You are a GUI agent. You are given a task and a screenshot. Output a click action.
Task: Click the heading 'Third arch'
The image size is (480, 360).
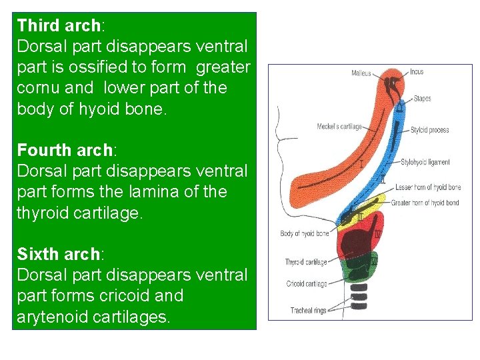pyautogui.click(x=58, y=26)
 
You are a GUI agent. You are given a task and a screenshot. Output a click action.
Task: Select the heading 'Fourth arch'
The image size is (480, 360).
pyautogui.click(x=61, y=149)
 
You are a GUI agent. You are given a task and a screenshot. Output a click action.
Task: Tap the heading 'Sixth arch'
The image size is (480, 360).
pyautogui.click(x=57, y=254)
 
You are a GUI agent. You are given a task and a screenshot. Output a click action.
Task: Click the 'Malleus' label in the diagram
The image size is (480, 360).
pyautogui.click(x=361, y=73)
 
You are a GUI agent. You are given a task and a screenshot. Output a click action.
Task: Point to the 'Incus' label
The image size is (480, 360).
pyautogui.click(x=417, y=71)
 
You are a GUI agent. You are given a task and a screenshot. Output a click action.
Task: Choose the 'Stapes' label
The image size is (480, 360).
pyautogui.click(x=422, y=99)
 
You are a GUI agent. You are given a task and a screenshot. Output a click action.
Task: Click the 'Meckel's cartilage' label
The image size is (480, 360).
pyautogui.click(x=339, y=127)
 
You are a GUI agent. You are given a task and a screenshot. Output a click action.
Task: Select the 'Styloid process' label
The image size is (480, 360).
pyautogui.click(x=429, y=130)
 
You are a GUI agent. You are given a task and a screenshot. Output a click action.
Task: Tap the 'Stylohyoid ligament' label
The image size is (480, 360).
pyautogui.click(x=425, y=162)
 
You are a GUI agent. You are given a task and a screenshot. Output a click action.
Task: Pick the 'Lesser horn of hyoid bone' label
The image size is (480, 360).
pyautogui.click(x=427, y=187)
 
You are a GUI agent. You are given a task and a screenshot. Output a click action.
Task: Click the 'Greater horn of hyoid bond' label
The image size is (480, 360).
pyautogui.click(x=425, y=203)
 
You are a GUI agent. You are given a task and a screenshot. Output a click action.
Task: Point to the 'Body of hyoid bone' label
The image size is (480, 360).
pyautogui.click(x=304, y=233)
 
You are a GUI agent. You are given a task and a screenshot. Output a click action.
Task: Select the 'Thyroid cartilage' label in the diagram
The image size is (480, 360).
pyautogui.click(x=306, y=262)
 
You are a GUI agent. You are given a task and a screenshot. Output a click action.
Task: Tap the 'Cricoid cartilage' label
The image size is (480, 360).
pyautogui.click(x=307, y=284)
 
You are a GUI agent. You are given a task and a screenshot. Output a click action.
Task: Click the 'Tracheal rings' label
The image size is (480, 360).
pyautogui.click(x=308, y=310)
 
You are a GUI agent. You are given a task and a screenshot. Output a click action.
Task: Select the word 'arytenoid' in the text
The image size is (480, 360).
pyautogui.click(x=51, y=317)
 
